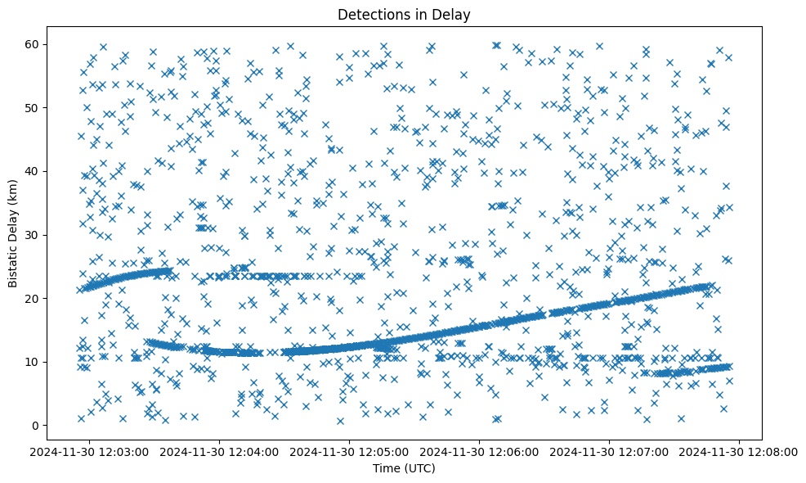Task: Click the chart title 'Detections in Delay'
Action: [x=404, y=14]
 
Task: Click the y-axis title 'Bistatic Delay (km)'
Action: [x=14, y=232]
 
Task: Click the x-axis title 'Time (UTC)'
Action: [x=404, y=468]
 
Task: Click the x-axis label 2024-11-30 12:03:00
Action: [x=90, y=451]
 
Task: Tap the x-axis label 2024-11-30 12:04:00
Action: [x=221, y=451]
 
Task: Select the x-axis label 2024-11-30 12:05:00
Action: [x=351, y=451]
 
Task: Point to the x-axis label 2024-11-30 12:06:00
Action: [x=480, y=451]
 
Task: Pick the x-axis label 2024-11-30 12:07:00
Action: [x=610, y=451]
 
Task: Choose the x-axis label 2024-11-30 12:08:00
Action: [x=740, y=451]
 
